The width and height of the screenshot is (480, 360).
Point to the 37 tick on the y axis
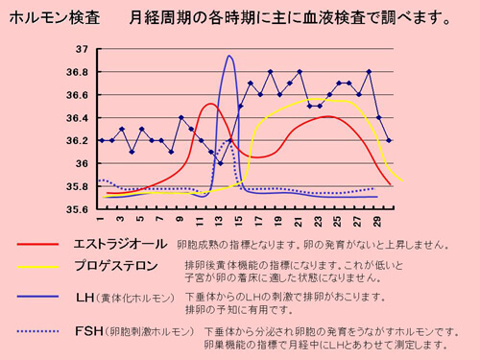(x=81, y=50)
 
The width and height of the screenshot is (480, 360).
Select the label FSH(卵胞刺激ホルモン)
(x=134, y=332)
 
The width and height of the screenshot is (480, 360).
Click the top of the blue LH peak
(x=229, y=56)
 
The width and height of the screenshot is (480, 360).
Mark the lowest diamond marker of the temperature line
(x=221, y=163)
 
